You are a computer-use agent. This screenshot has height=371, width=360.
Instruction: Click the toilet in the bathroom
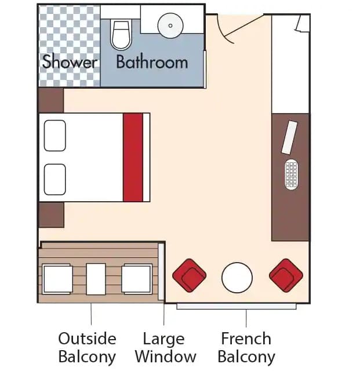(121, 35)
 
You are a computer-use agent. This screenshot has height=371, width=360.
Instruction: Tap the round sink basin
(170, 26)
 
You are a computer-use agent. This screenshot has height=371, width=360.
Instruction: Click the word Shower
(70, 61)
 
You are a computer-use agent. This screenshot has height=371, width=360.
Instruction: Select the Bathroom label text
(152, 62)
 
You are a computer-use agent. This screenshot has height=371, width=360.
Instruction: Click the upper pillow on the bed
(55, 136)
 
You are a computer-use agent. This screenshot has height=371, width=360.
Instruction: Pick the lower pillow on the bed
(55, 180)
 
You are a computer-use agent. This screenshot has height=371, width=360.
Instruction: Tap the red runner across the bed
(133, 158)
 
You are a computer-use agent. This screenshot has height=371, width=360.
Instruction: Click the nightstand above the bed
(51, 100)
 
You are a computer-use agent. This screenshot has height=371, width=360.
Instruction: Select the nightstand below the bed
(52, 215)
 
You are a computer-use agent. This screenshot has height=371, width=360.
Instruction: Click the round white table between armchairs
(237, 278)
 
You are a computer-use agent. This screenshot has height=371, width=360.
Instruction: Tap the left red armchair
(190, 275)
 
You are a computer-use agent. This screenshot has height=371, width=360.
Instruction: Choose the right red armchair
(286, 275)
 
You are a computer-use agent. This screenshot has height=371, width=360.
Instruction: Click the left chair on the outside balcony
(57, 279)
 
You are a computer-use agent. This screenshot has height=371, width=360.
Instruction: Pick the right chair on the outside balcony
(137, 279)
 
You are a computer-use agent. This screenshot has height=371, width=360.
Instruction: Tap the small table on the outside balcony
(96, 279)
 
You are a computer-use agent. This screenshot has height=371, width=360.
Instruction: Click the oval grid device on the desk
(292, 174)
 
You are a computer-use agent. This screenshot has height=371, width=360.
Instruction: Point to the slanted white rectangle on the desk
(289, 137)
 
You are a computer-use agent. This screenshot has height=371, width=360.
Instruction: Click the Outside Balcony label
(87, 347)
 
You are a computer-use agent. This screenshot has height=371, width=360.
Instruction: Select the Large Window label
(165, 347)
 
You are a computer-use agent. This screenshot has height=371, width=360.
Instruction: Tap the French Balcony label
(246, 347)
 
